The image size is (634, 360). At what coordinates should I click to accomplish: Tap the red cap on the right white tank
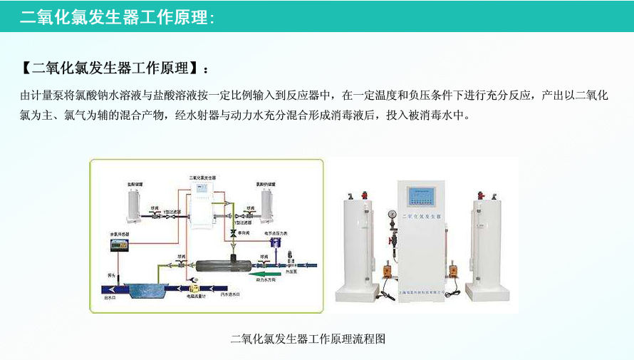[482, 193]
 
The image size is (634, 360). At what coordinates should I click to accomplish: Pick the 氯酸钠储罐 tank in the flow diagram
[269, 205]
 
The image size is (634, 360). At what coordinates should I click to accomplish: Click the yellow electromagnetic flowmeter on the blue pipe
[192, 288]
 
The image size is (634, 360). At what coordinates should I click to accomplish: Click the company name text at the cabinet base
[420, 293]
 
